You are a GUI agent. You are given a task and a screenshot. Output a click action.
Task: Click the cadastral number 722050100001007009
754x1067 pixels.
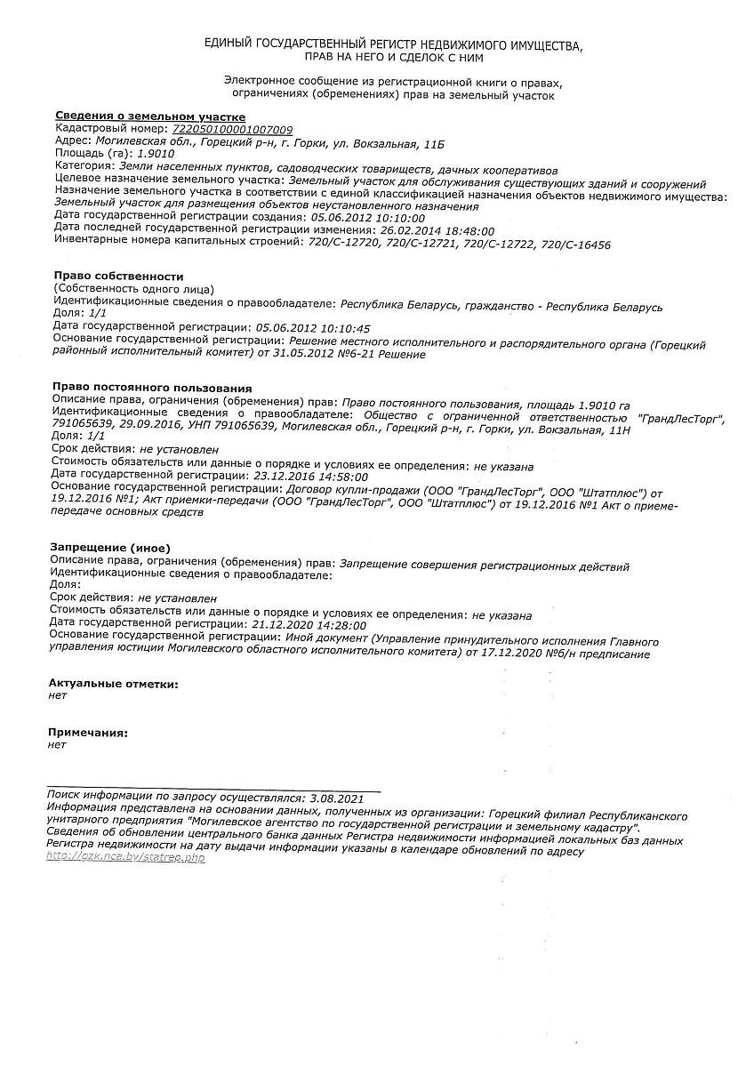click(x=232, y=129)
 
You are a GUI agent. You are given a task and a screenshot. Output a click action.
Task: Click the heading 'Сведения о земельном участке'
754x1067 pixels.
click(x=150, y=116)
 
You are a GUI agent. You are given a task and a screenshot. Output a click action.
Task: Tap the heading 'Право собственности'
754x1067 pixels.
click(x=118, y=277)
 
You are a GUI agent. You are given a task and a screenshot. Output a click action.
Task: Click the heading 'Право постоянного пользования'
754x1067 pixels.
click(x=152, y=388)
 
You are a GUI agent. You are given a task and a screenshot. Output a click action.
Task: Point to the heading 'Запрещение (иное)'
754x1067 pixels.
click(x=110, y=547)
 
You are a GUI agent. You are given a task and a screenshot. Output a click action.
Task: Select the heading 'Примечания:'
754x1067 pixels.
click(x=88, y=733)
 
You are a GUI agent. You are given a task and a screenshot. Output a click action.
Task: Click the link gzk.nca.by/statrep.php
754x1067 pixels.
click(x=125, y=857)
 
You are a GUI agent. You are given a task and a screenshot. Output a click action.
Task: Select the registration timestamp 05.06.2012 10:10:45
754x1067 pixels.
click(x=312, y=328)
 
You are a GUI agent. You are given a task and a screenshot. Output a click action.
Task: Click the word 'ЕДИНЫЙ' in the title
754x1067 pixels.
click(x=229, y=44)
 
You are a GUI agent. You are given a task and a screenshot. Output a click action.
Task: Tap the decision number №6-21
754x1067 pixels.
click(x=352, y=354)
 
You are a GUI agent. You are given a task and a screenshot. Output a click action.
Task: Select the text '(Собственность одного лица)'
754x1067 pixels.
click(x=133, y=289)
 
